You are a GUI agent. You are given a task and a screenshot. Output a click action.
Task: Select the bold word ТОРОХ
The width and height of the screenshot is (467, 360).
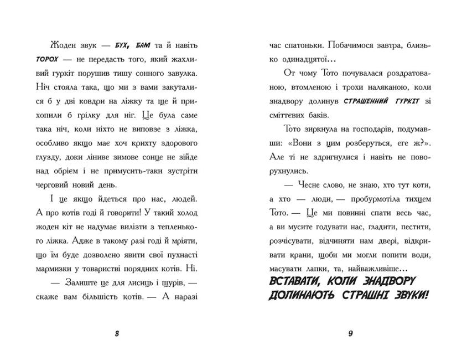(61, 59)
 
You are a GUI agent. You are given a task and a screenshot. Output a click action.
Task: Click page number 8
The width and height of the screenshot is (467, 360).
(117, 333)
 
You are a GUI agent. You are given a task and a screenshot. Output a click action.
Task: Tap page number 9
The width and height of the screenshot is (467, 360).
(350, 333)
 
